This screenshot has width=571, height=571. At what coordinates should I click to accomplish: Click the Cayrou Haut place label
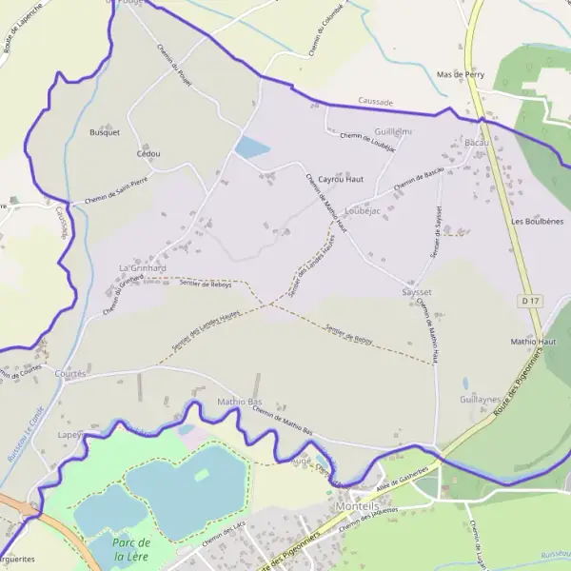341,179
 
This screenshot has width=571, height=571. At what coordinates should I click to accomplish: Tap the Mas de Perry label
461,74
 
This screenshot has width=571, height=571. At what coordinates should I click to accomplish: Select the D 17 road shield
531,301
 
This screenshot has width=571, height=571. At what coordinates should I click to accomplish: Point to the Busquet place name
105,132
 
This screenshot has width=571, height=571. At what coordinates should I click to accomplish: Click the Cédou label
148,153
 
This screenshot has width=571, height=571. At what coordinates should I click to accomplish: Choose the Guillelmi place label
394,130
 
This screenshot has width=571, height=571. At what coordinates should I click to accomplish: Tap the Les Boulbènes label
537,221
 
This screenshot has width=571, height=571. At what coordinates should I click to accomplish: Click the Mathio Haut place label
533,341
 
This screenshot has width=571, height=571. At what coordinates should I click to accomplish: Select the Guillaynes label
480,401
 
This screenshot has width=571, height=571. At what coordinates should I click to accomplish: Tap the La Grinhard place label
143,268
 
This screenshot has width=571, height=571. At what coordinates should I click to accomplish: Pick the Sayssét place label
417,292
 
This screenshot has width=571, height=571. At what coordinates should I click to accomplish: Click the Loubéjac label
363,209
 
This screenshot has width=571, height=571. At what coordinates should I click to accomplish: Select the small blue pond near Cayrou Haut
252,148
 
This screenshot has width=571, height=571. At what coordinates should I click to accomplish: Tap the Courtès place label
70,374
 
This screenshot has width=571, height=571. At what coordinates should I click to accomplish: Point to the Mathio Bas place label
240,402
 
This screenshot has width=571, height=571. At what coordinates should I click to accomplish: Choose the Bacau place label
476,142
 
